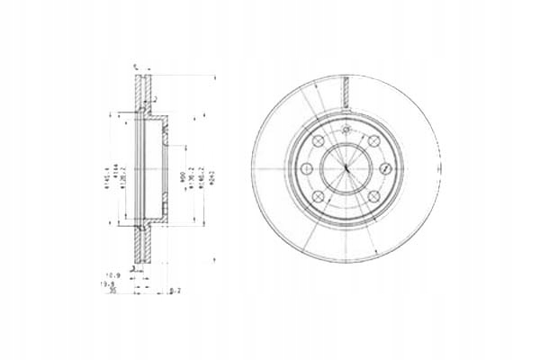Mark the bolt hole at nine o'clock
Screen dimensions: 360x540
click(x=307, y=170)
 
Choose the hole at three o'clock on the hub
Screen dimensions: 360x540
click(x=385, y=170)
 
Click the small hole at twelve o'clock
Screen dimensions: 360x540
click(x=346, y=130)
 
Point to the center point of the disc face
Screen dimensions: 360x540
click(x=346, y=170)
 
